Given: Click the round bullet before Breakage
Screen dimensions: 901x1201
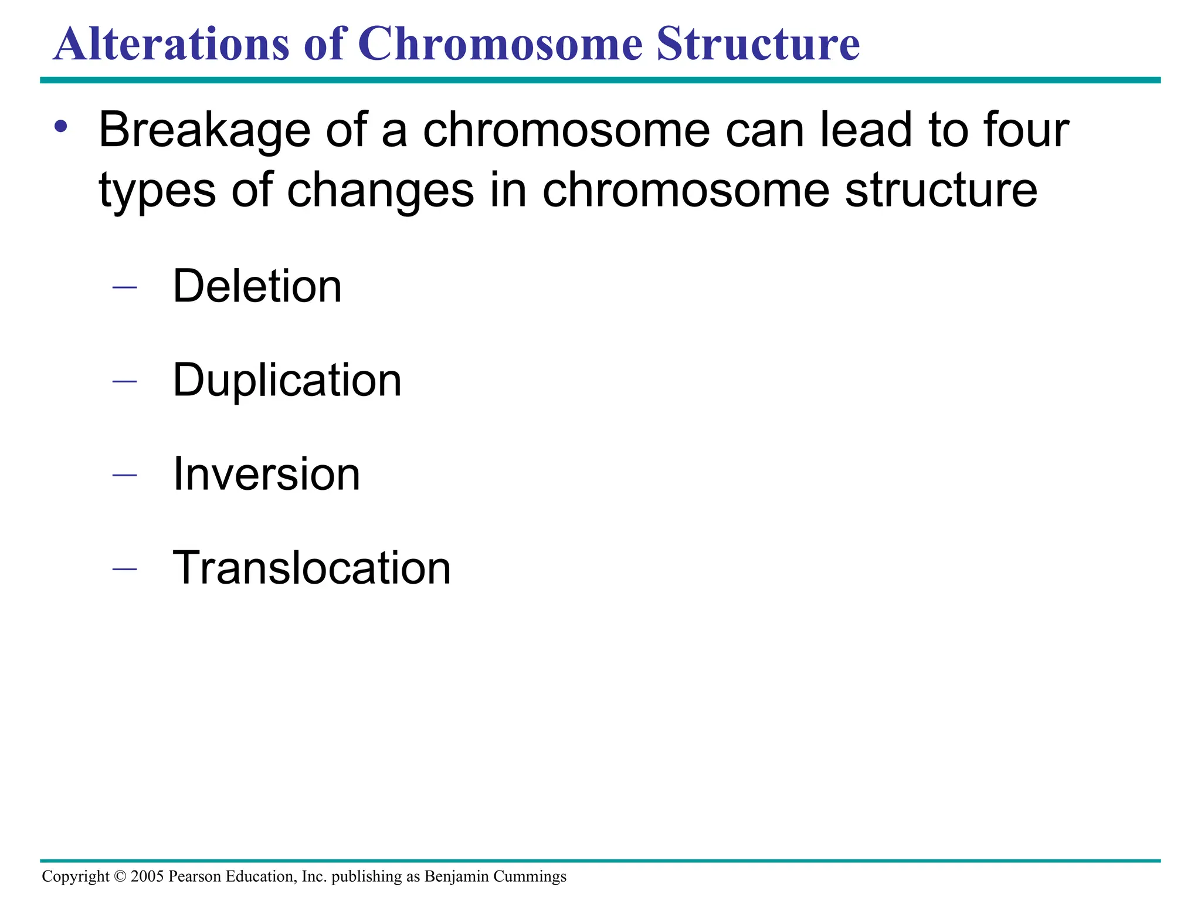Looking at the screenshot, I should (61, 126).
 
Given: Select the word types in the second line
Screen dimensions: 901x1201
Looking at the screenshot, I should (157, 191).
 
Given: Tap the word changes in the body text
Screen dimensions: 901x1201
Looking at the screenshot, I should (380, 191).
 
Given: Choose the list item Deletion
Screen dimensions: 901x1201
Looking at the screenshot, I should (257, 286).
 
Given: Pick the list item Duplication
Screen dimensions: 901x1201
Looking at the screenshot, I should (287, 380).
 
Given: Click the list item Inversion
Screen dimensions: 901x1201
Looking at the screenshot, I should (266, 474).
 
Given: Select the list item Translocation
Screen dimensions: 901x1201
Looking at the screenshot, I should (311, 568).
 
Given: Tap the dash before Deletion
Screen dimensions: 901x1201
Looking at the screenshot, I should (124, 287).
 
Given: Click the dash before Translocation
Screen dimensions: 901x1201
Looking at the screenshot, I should (124, 569).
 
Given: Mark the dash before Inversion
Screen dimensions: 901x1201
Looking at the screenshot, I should (124, 475).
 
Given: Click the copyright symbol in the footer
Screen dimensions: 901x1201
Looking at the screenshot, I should (120, 876).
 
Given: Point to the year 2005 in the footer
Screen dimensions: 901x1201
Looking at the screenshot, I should (147, 876).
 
